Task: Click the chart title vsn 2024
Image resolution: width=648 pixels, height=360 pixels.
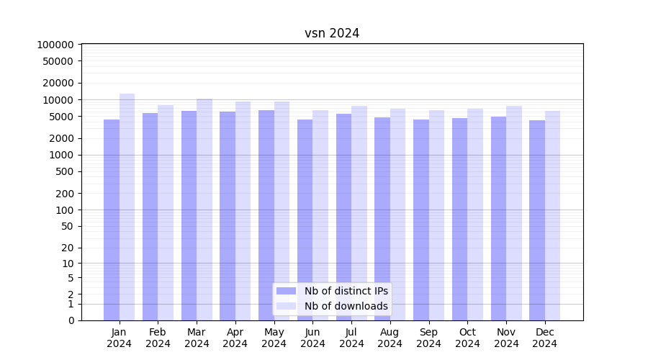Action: pyautogui.click(x=332, y=33)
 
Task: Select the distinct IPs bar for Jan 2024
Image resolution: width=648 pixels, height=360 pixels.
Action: pyautogui.click(x=112, y=220)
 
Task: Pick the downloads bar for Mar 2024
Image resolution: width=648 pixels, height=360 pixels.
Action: pyautogui.click(x=204, y=210)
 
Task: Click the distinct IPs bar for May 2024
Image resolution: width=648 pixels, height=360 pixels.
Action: pyautogui.click(x=266, y=215)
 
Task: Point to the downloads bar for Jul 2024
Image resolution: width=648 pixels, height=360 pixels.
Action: pyautogui.click(x=359, y=213)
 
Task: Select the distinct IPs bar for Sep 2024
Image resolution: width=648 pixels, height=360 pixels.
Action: pyautogui.click(x=421, y=220)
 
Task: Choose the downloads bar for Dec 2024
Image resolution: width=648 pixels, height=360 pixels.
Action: pyautogui.click(x=552, y=215)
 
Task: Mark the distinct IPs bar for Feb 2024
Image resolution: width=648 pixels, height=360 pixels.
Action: pyautogui.click(x=150, y=217)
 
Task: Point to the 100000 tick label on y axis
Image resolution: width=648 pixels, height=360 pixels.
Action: pyautogui.click(x=55, y=45)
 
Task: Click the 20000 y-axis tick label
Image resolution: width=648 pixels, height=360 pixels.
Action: pyautogui.click(x=58, y=83)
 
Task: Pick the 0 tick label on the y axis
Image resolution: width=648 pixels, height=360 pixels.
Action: pyautogui.click(x=71, y=320)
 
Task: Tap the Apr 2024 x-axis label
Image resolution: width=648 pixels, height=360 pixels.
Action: pyautogui.click(x=235, y=338)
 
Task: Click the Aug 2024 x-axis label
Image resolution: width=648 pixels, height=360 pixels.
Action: pyautogui.click(x=390, y=338)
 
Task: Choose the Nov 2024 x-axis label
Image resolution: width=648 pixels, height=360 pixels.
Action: pyautogui.click(x=506, y=338)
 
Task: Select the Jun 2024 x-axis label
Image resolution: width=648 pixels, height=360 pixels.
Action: pyautogui.click(x=312, y=338)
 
